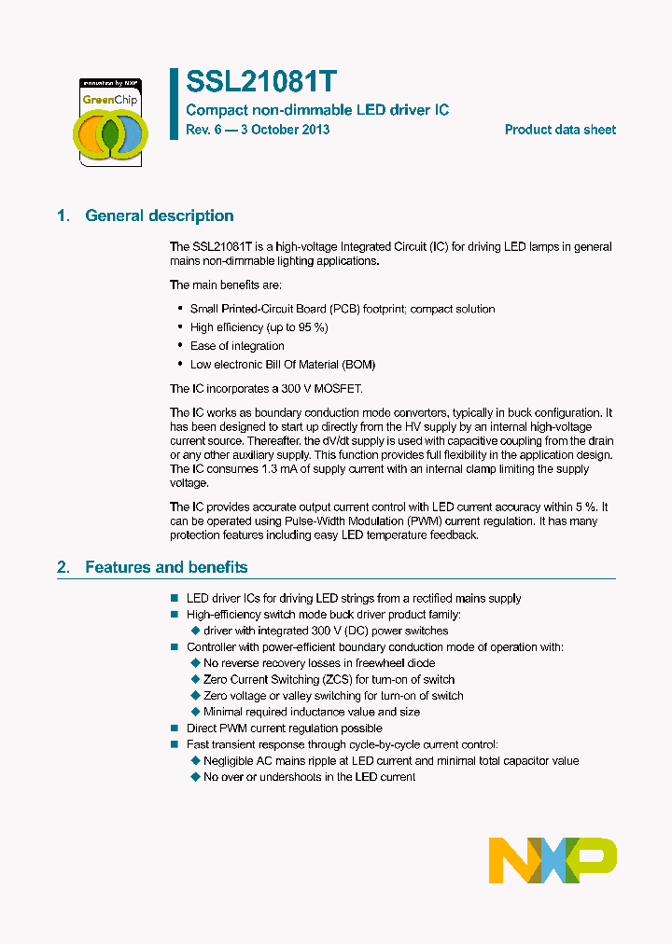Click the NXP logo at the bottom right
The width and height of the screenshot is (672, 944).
(x=553, y=860)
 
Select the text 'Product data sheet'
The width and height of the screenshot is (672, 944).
(x=560, y=130)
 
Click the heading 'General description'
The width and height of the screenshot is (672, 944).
(x=160, y=215)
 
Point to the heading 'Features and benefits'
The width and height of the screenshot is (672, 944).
(x=166, y=567)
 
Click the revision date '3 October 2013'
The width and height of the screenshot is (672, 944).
(x=285, y=130)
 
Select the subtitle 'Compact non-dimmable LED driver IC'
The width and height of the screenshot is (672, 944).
(x=317, y=110)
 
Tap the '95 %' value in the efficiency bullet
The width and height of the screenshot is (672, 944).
(x=310, y=327)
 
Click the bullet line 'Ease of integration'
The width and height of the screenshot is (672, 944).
(x=237, y=346)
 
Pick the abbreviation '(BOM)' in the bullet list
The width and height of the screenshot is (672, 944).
(x=358, y=365)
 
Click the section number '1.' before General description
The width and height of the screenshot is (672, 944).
(x=63, y=215)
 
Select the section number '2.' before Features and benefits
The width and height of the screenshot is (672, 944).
(x=63, y=567)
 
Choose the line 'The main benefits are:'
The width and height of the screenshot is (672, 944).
(x=225, y=285)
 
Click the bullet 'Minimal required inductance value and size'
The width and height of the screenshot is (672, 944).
(x=312, y=712)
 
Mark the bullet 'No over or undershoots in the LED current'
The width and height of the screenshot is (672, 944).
(x=309, y=777)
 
